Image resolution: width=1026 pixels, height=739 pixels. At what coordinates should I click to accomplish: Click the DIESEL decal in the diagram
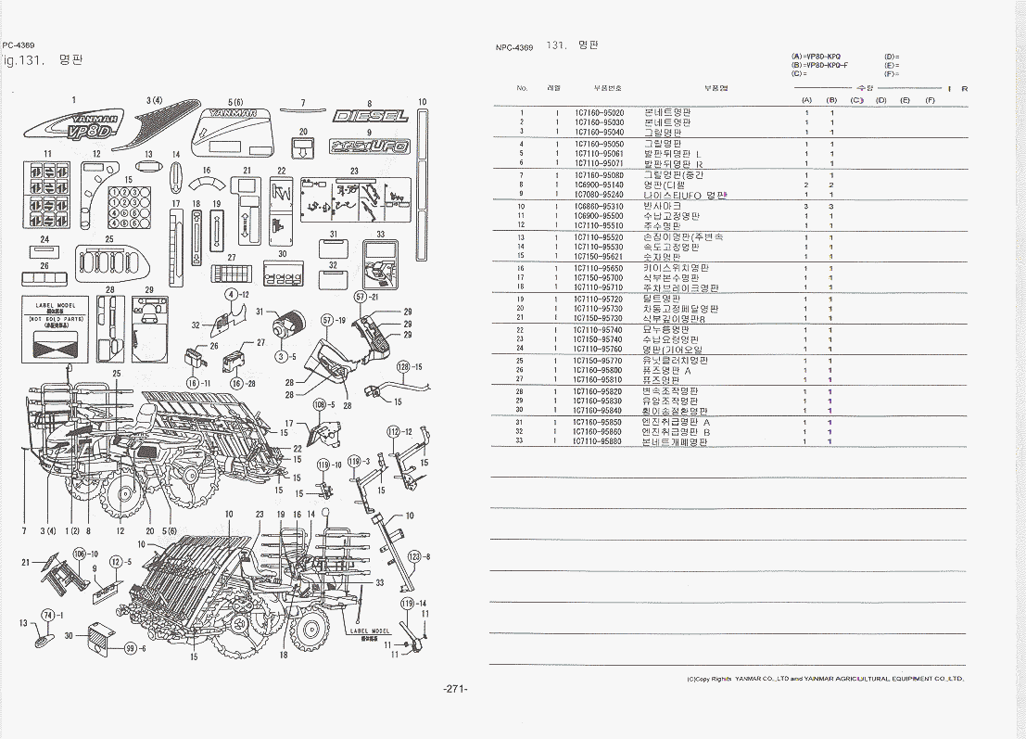point(370,117)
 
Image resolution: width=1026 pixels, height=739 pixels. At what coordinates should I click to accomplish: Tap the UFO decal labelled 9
point(369,147)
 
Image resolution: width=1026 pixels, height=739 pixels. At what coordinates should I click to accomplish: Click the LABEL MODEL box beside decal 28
point(55,327)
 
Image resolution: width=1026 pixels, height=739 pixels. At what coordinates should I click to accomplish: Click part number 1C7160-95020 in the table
point(598,112)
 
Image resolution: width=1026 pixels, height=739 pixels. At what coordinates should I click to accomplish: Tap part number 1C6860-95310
point(598,207)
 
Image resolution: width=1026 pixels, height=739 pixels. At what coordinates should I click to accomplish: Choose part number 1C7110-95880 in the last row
point(598,441)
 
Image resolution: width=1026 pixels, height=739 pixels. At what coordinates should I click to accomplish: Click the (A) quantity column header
point(806,99)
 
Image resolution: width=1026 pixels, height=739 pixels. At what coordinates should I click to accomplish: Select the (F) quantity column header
point(930,99)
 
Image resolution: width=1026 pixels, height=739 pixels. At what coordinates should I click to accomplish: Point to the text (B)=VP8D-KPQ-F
point(819,65)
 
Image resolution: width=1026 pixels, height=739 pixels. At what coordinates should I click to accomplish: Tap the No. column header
point(522,88)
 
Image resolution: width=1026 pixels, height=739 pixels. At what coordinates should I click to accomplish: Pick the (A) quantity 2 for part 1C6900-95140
point(806,185)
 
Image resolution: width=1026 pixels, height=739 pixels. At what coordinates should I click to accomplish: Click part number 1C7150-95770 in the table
point(598,361)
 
